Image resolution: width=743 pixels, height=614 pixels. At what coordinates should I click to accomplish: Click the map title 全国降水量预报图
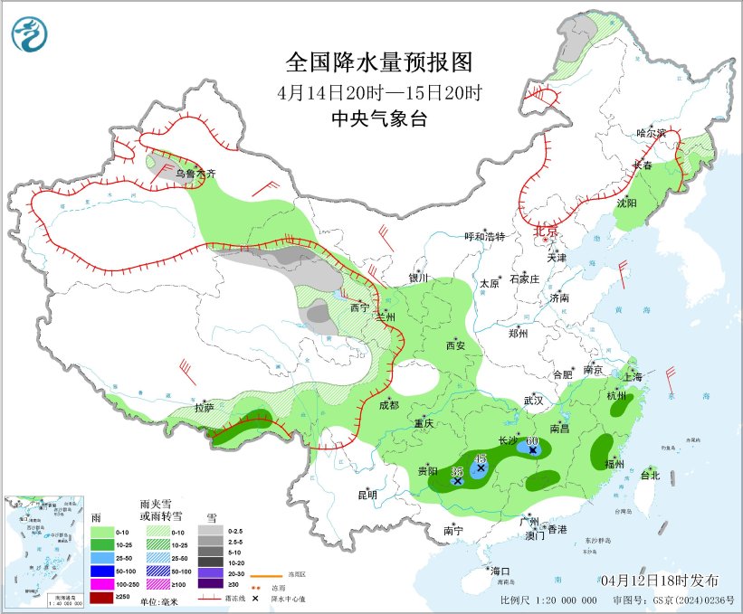coord(379,62)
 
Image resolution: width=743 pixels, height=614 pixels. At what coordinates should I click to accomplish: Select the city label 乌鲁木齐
coord(196,173)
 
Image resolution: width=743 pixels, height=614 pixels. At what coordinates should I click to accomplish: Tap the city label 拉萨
coord(205,408)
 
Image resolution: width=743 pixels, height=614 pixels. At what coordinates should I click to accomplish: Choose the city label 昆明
coord(367,495)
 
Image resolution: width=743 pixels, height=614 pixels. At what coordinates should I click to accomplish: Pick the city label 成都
coord(388,405)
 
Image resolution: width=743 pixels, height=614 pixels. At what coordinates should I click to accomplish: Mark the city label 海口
coord(500,571)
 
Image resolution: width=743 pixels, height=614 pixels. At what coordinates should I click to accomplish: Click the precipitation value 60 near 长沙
coord(532,440)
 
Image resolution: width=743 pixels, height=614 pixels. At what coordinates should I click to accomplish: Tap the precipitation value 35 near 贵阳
coord(457,471)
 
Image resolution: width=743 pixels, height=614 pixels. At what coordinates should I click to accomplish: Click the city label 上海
coord(633,374)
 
